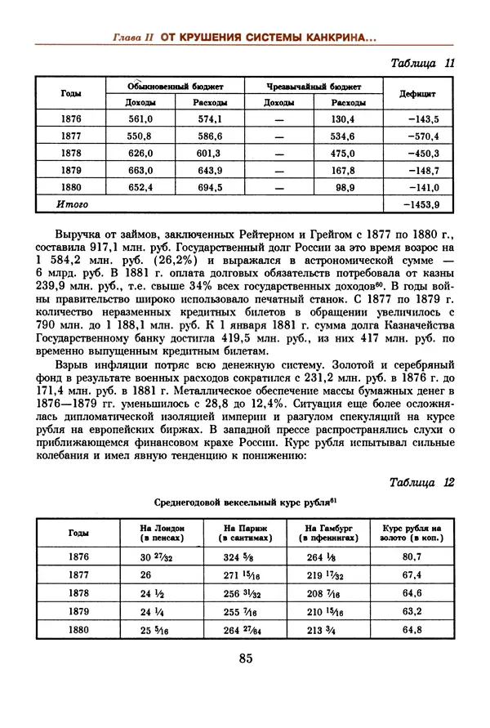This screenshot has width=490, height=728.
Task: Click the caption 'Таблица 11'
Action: pos(422,64)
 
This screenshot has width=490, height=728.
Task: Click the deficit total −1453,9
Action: pos(422,204)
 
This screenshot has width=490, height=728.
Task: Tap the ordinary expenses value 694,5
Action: pos(210,187)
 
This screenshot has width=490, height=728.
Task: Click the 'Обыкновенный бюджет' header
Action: pos(175,86)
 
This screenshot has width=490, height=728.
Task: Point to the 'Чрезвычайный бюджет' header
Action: pos(314,86)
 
